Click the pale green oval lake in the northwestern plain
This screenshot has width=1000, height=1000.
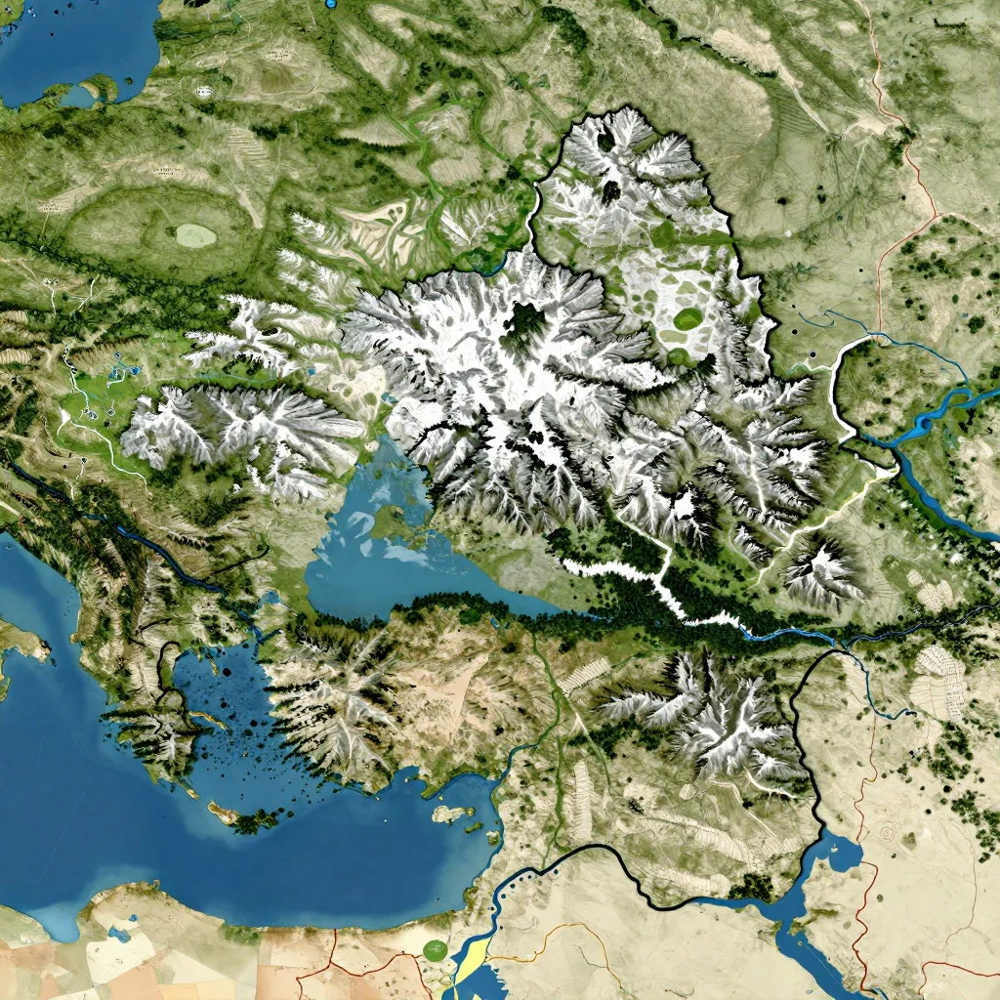point(194,234)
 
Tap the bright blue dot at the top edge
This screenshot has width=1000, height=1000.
point(330,4)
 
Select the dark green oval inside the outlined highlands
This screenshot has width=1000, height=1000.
point(687,318)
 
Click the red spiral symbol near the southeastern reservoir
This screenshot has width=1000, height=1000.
point(888,832)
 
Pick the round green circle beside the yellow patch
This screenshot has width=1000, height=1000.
point(436,947)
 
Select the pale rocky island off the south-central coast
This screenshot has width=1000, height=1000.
point(451,812)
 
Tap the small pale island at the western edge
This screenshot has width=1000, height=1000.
point(21,645)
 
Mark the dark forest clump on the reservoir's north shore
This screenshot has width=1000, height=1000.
point(752,887)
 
